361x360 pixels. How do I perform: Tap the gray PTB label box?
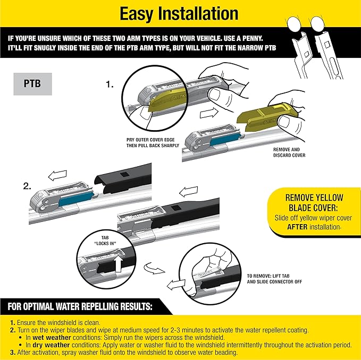click(32, 84)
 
